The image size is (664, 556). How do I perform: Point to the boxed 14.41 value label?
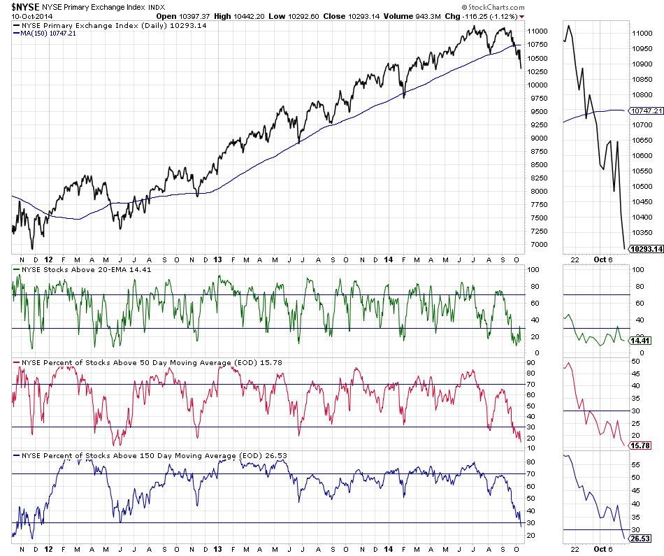[x=640, y=341]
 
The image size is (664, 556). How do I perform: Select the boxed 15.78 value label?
[x=640, y=443]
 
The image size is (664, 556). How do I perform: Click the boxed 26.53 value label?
[x=640, y=539]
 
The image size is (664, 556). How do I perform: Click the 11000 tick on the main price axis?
[x=537, y=31]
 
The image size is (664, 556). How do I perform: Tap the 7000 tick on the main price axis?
[x=535, y=244]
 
